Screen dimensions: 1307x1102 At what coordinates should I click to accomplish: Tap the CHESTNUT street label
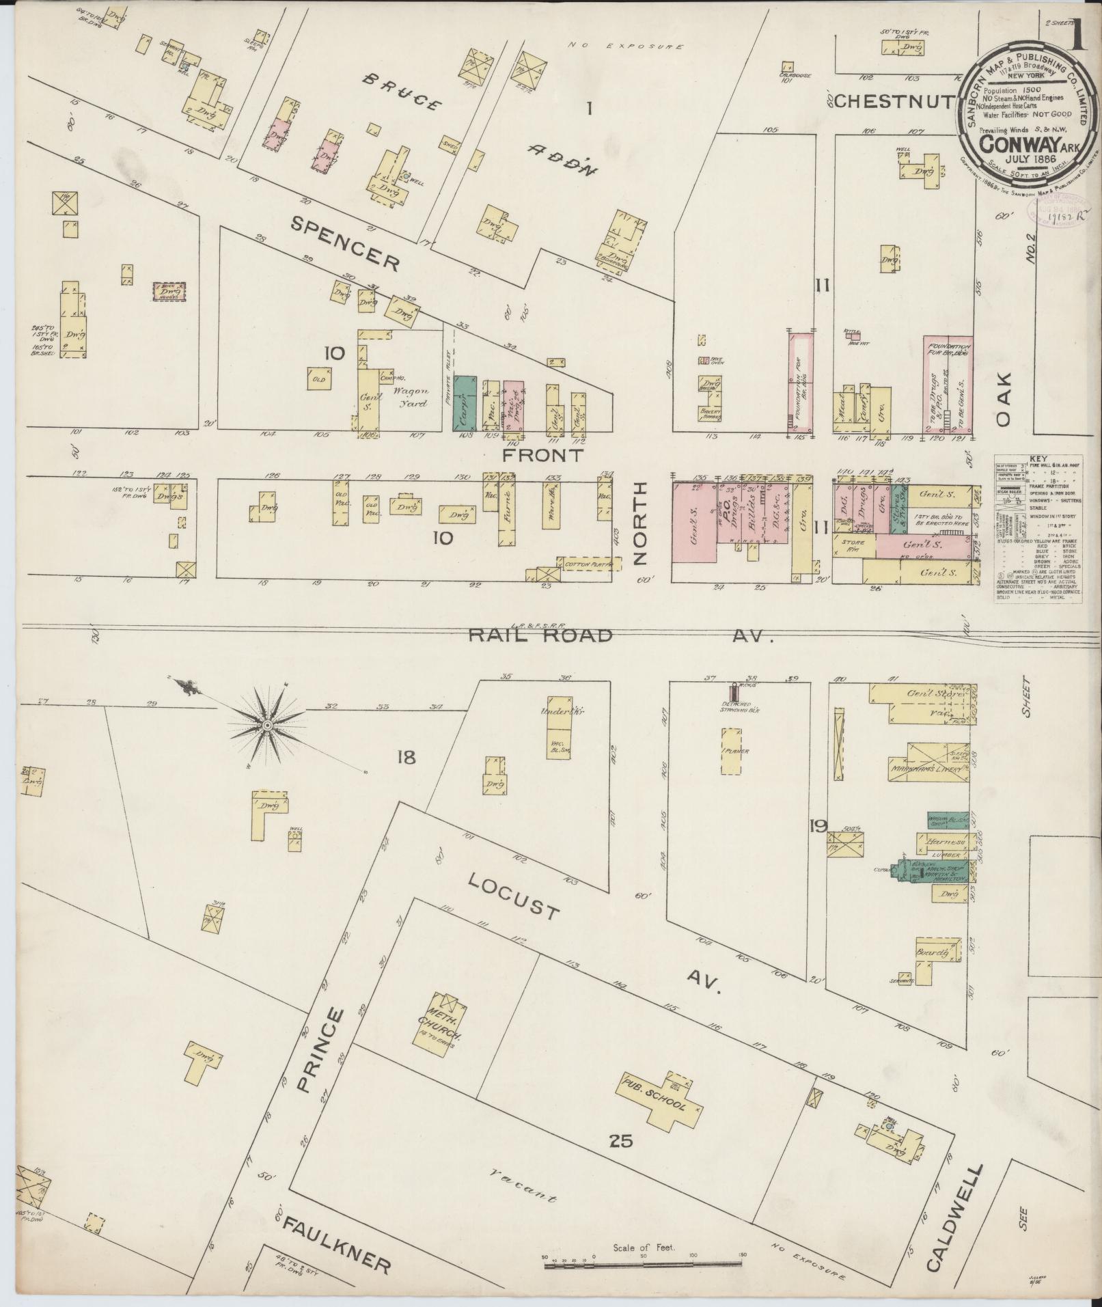(x=894, y=102)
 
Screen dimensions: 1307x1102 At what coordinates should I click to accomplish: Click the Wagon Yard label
(x=410, y=396)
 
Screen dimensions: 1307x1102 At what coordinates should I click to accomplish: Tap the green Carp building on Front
(x=465, y=403)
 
